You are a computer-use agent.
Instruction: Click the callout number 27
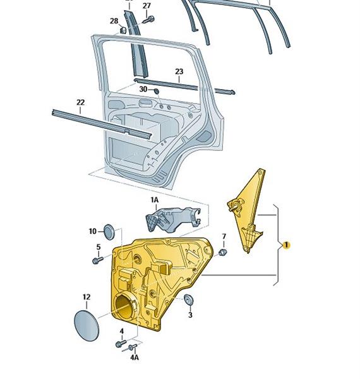tap(147, 6)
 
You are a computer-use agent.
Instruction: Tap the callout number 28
tap(114, 21)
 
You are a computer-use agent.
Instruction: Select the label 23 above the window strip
tap(179, 71)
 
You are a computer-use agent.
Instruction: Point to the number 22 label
tap(80, 102)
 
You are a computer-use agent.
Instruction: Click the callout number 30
tap(143, 89)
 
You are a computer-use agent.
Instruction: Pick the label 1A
tap(155, 200)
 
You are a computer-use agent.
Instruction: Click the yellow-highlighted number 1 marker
tap(286, 245)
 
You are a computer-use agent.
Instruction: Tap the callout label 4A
tap(135, 358)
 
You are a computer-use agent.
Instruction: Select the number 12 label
tap(87, 297)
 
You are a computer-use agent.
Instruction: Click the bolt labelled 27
tap(148, 20)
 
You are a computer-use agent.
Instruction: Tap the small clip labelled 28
tap(123, 30)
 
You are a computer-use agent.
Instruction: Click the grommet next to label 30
tap(157, 91)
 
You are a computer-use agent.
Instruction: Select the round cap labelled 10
tap(109, 232)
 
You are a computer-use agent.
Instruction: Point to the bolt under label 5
tap(98, 260)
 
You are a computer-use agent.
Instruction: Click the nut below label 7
tap(222, 252)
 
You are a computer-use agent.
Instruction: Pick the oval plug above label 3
tap(188, 299)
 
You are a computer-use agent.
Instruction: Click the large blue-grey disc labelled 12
tap(87, 325)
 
